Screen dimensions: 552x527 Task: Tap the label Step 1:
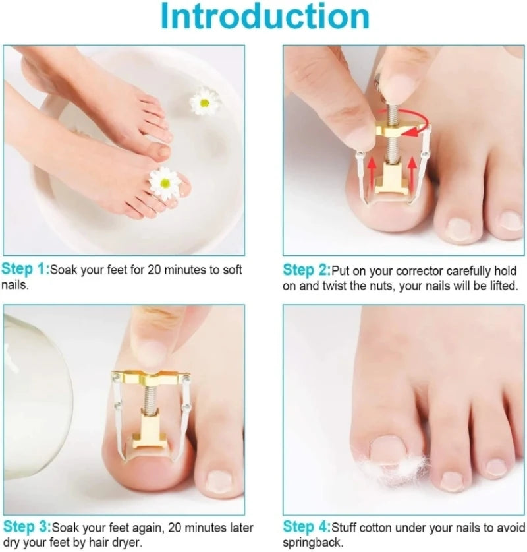25,270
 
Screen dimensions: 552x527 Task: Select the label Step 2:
306,270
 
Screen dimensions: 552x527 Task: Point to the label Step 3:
26,527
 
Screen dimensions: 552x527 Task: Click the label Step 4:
306,527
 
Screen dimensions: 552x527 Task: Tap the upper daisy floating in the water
204,101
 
